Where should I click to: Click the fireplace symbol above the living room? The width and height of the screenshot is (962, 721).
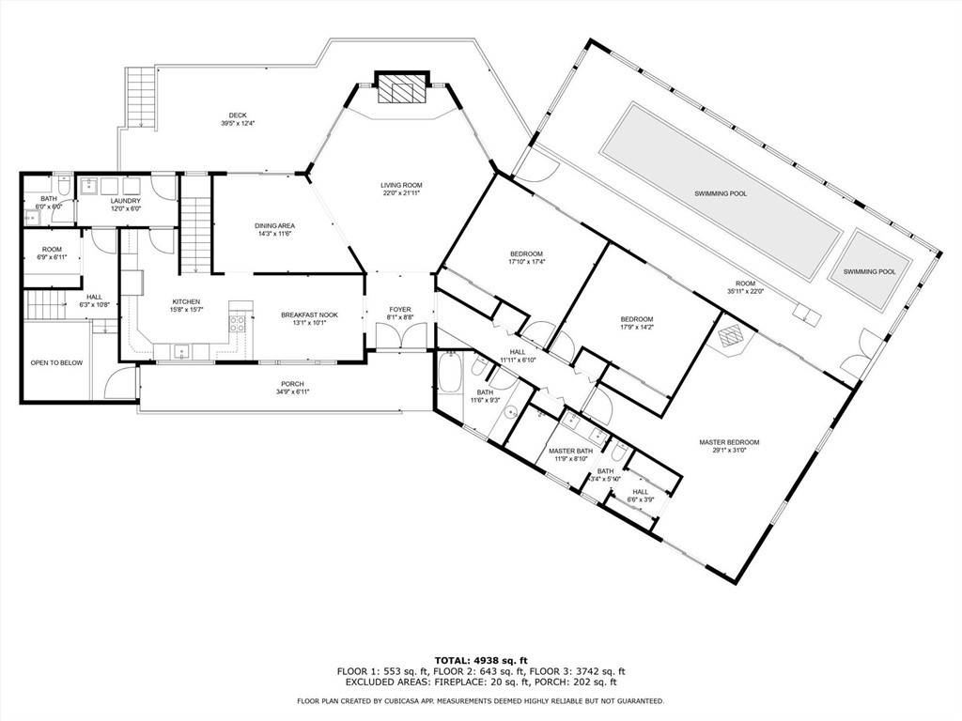402,90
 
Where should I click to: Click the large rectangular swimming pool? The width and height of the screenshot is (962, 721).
721,192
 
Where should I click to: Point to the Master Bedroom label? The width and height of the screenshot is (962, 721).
729,442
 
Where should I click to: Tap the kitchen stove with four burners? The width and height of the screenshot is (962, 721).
238,325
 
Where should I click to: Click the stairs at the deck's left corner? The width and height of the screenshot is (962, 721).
139,98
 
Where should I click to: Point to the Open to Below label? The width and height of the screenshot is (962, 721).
57,362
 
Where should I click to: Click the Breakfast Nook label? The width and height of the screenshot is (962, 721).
309,315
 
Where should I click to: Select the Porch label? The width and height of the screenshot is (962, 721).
292,384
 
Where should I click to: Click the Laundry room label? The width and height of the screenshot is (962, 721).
125,201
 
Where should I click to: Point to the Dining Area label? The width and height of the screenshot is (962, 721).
275,226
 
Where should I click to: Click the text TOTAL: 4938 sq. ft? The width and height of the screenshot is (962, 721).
480,660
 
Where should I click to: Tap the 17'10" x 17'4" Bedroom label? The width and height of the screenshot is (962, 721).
526,254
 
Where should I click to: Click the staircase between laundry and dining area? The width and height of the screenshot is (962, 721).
194,235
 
